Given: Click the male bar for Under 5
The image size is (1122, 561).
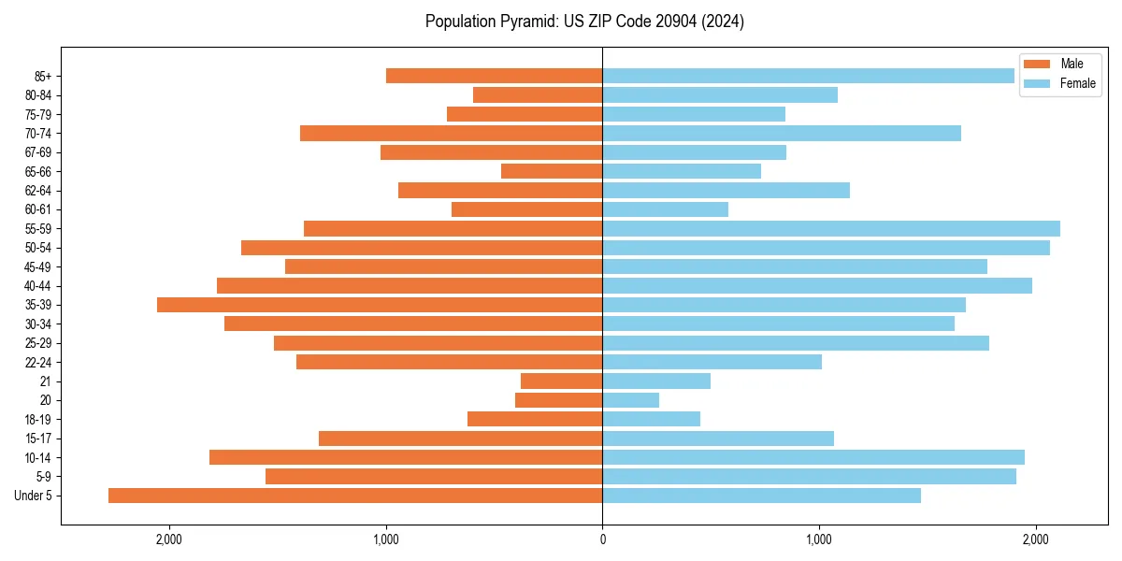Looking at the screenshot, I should (x=355, y=496).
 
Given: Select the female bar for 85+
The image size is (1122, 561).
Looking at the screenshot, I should (x=808, y=76).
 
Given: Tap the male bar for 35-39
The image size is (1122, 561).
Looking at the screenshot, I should (x=380, y=305).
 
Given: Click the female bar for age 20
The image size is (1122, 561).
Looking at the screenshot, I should (x=630, y=400).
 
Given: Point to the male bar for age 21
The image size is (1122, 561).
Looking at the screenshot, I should (x=561, y=381).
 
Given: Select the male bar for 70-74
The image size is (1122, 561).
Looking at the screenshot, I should (x=451, y=134).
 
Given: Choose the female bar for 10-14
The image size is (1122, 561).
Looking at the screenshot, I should (x=813, y=457).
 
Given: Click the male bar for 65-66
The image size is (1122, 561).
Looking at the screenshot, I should (x=552, y=171).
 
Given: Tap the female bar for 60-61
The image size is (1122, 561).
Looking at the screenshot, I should (x=665, y=209).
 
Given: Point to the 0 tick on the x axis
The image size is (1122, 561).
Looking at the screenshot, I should (x=602, y=539).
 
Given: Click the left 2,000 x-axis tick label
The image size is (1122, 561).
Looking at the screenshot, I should (x=169, y=539).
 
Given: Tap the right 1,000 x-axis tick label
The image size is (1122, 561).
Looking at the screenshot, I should (x=819, y=539).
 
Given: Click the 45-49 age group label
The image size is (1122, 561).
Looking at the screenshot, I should (x=38, y=267).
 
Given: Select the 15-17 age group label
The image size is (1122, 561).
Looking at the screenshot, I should (x=38, y=439).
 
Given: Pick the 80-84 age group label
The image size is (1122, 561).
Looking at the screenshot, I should (x=38, y=95).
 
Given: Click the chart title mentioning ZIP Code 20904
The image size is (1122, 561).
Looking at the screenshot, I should (x=584, y=22).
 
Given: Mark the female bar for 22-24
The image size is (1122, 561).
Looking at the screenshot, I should (x=712, y=362).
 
